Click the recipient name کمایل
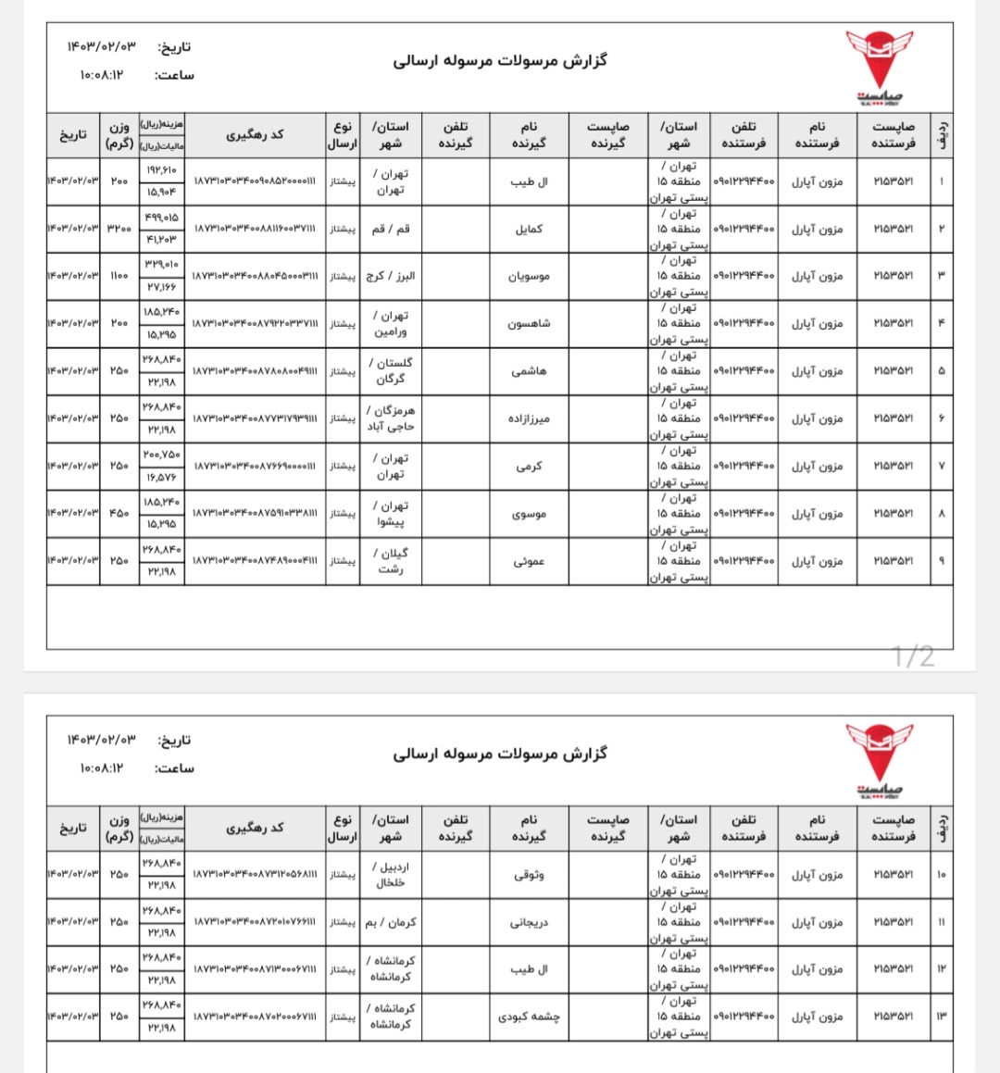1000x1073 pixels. [x=529, y=229]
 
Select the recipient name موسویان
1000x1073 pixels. [x=529, y=276]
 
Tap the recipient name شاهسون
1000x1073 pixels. [x=529, y=323]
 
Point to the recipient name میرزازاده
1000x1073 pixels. [x=529, y=418]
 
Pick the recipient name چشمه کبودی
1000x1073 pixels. [x=529, y=1017]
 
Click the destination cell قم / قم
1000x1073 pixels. [x=391, y=229]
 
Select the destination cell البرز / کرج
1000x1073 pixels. [x=391, y=276]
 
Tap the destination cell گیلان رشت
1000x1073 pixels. [x=391, y=561]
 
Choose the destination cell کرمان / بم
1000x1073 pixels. [x=391, y=922]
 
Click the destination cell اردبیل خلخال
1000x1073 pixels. [x=391, y=875]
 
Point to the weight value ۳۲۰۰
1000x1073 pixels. [x=119, y=229]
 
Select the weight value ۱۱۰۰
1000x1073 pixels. [x=119, y=276]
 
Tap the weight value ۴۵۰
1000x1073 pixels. [x=119, y=514]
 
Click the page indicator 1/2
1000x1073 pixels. [x=913, y=656]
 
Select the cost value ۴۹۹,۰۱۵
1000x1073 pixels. [x=161, y=218]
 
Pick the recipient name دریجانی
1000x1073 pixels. [x=529, y=922]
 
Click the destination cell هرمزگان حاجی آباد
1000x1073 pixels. [x=391, y=418]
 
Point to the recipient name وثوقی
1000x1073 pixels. [x=529, y=875]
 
